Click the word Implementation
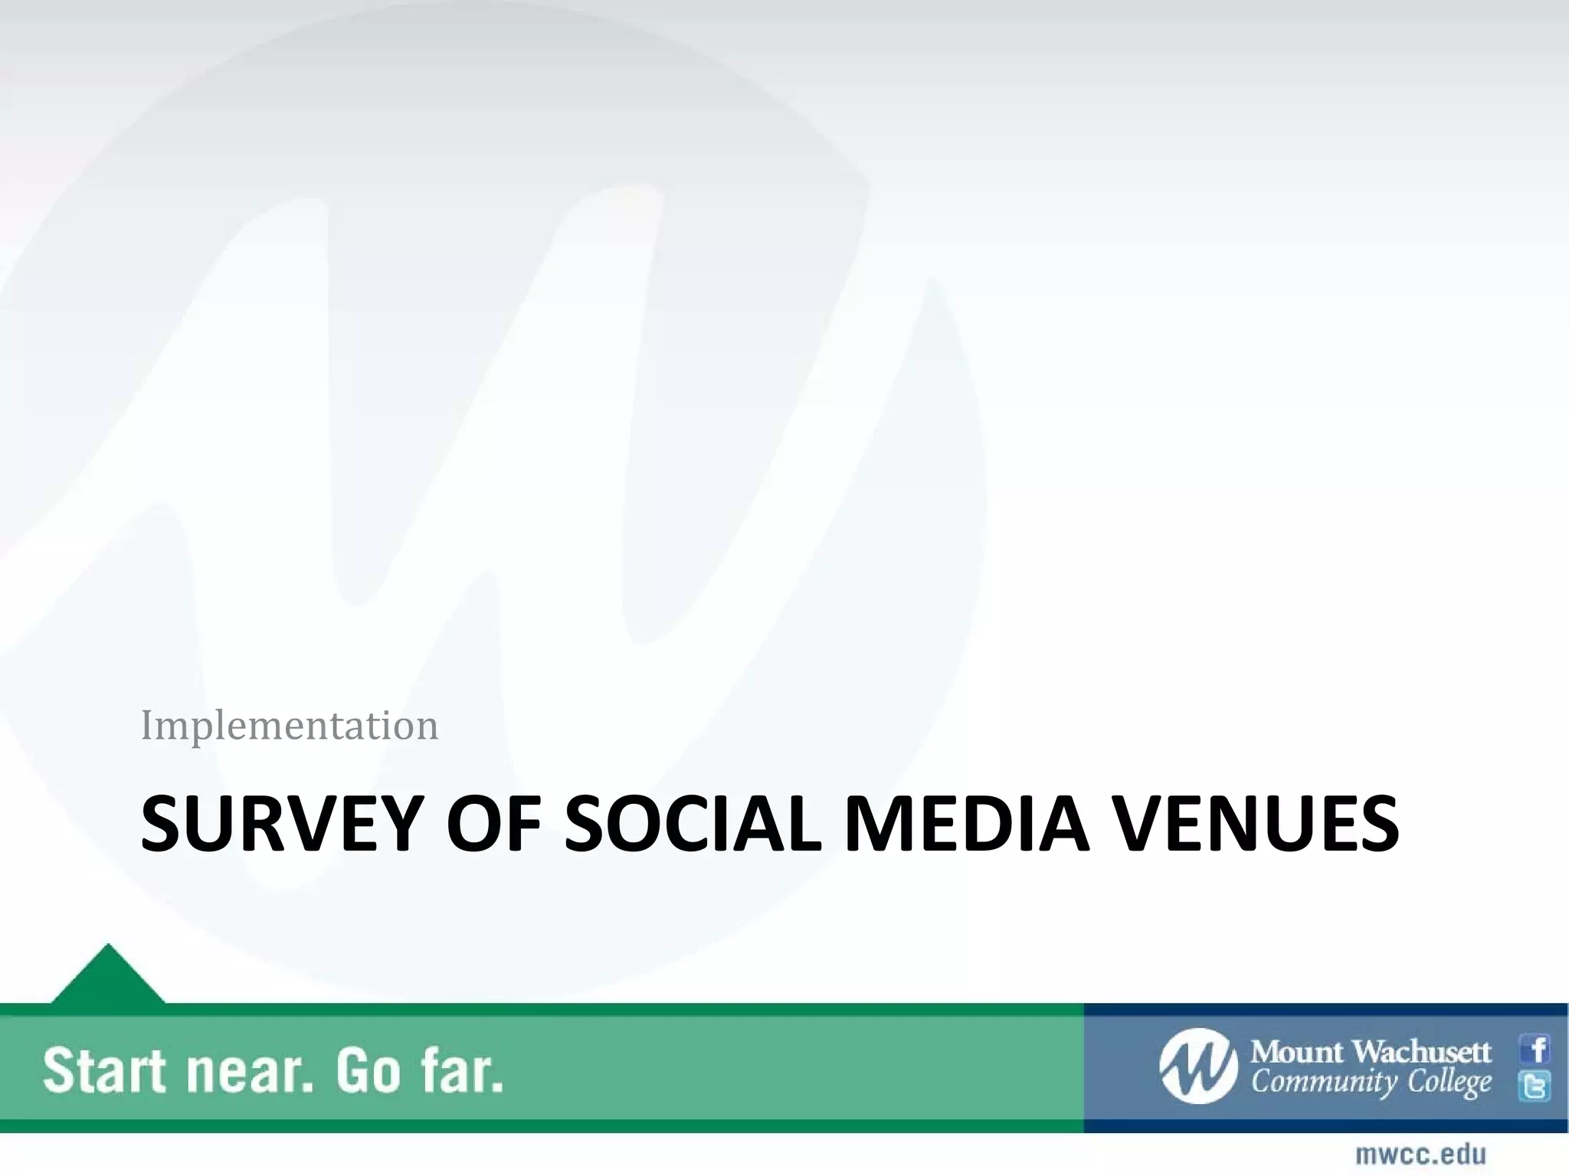point(290,725)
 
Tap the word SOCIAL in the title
point(693,824)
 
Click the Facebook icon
point(1535,1049)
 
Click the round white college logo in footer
point(1198,1066)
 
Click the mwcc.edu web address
point(1420,1154)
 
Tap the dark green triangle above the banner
point(108,977)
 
